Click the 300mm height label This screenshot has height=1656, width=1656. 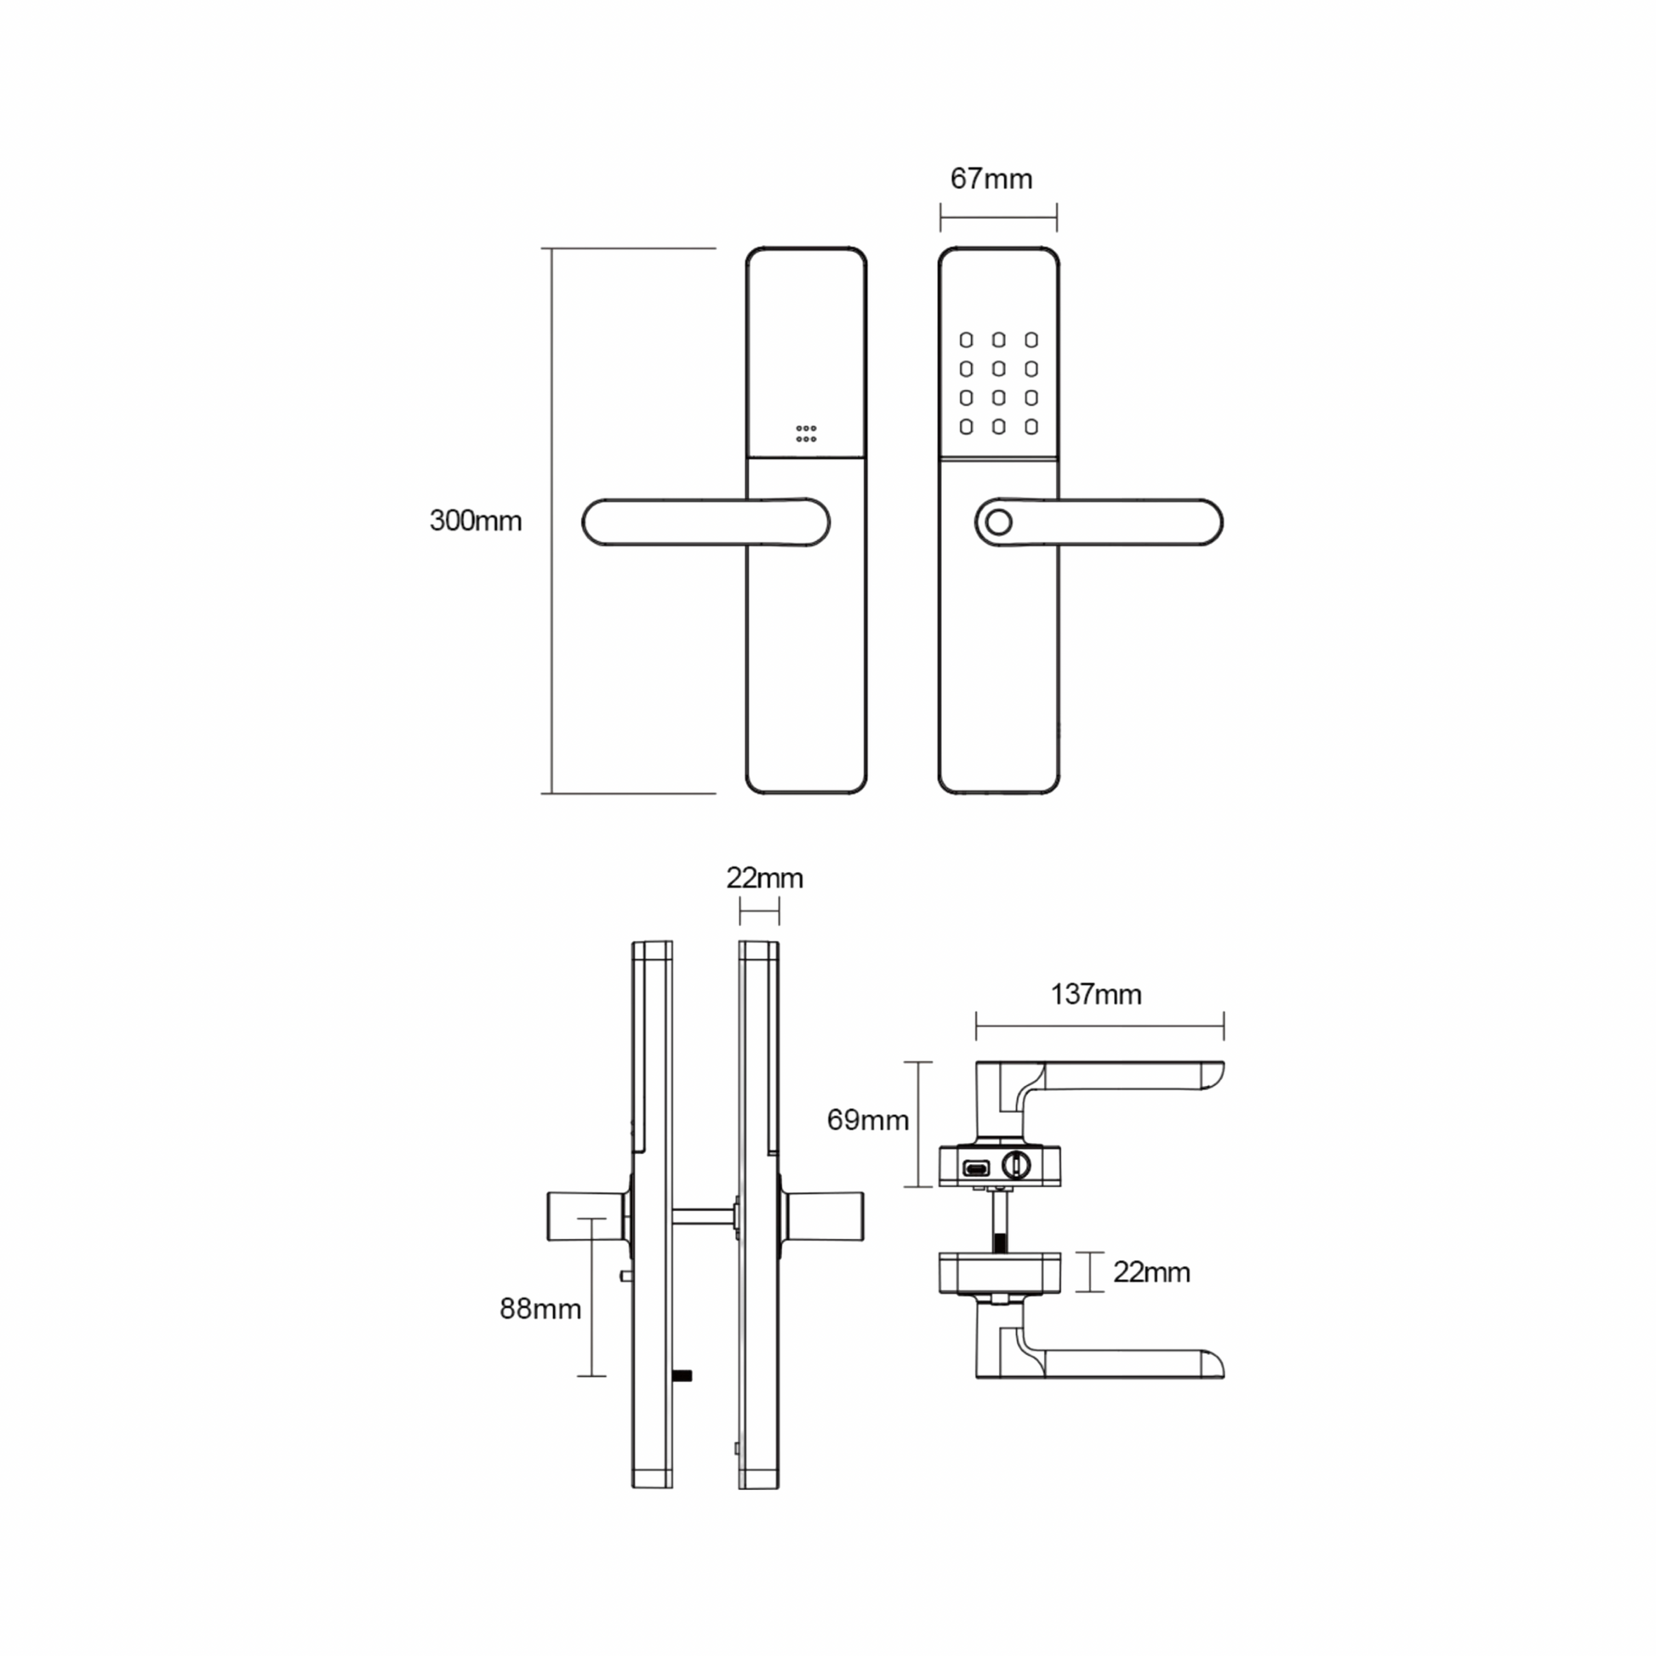[476, 520]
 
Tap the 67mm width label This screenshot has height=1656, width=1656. [991, 179]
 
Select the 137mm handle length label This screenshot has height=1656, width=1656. [1096, 994]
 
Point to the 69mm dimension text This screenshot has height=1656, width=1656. [867, 1119]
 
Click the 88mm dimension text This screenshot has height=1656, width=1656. [540, 1309]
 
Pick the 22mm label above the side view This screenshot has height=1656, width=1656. [764, 877]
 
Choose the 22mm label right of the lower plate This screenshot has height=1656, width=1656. [1152, 1272]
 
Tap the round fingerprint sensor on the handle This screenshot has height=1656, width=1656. [998, 522]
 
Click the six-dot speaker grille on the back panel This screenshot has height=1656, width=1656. [806, 434]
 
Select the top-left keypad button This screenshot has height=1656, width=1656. [966, 340]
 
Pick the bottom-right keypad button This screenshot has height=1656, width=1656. [1031, 426]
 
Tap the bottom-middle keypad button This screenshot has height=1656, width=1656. [998, 426]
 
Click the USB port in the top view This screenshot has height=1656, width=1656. [976, 1168]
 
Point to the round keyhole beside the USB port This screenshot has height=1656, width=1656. [1017, 1165]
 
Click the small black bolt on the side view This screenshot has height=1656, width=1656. [682, 1378]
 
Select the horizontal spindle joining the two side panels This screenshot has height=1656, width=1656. [703, 1215]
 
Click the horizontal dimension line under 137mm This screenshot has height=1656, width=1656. [1099, 1025]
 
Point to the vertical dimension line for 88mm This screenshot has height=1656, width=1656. [591, 1297]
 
